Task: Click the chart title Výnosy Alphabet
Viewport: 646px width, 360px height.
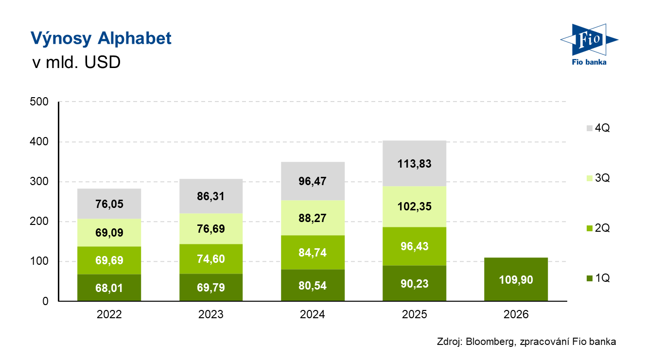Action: click(101, 38)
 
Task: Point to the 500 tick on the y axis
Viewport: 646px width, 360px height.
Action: click(39, 102)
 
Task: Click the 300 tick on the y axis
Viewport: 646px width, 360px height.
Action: click(39, 182)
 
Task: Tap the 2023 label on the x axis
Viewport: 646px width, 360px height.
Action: click(211, 314)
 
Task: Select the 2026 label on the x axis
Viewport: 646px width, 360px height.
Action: click(516, 314)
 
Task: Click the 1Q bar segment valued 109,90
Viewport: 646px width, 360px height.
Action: click(516, 279)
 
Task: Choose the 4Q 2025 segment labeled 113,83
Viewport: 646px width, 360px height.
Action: click(415, 164)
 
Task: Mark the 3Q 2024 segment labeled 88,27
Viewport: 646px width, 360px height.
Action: click(313, 218)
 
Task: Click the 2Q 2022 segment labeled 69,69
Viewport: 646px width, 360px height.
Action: click(109, 260)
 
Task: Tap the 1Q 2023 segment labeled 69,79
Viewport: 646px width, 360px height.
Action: click(211, 288)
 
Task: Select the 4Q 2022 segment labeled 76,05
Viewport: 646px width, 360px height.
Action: click(109, 204)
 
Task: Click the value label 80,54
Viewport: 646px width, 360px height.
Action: click(313, 285)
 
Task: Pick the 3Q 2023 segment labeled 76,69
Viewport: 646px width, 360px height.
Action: click(211, 229)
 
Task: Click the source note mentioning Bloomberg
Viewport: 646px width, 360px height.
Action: click(526, 342)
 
